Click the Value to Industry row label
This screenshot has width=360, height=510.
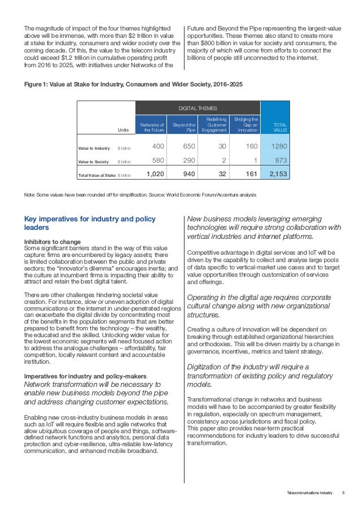point(94,148)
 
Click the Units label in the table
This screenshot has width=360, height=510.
point(123,130)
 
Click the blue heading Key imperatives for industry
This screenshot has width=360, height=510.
point(90,223)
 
